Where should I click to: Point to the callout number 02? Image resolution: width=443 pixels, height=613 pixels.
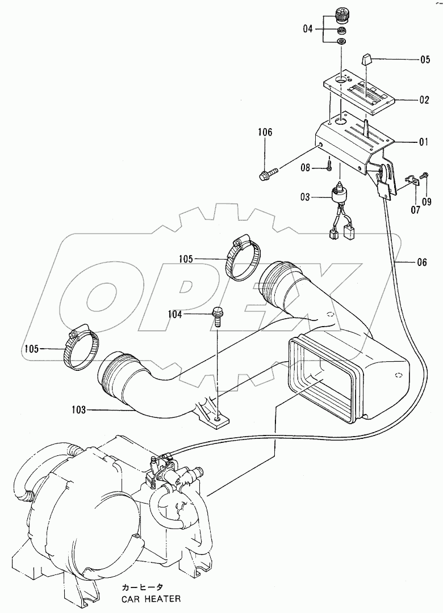(x=423, y=100)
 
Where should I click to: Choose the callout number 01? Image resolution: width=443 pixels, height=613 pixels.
(x=423, y=142)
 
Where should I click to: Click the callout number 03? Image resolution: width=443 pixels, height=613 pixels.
(x=306, y=197)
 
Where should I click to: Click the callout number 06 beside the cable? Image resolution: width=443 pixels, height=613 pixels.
(x=421, y=263)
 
